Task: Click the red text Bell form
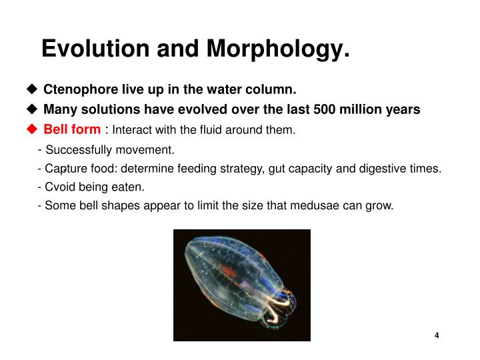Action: point(72,129)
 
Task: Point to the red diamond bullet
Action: point(31,129)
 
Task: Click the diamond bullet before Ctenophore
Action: point(31,90)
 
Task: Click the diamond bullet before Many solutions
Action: point(31,109)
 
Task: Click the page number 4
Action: point(437,335)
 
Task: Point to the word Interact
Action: point(133,129)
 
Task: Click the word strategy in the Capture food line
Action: point(243,169)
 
